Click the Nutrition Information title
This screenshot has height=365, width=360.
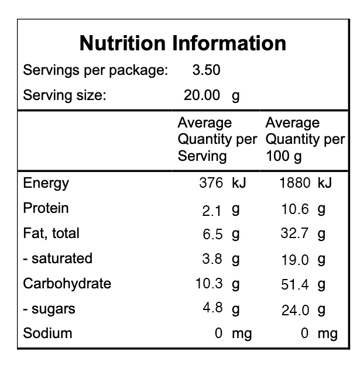(x=183, y=43)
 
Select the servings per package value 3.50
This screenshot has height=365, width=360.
(x=206, y=71)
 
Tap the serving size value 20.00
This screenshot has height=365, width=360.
(x=202, y=95)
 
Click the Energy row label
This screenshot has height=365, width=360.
(x=46, y=183)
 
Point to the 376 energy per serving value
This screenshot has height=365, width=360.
(x=211, y=183)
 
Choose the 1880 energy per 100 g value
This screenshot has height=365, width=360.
(x=296, y=183)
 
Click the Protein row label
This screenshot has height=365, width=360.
(x=46, y=208)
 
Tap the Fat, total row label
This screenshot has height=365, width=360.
(x=51, y=233)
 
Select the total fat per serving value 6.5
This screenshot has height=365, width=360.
(x=212, y=235)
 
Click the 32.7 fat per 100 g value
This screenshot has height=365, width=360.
(x=296, y=234)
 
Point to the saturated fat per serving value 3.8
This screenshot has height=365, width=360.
(x=212, y=259)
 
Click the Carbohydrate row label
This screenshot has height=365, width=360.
(x=67, y=284)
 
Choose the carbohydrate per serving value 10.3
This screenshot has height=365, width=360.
(x=209, y=284)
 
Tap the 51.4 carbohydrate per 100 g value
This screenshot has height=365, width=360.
(x=296, y=285)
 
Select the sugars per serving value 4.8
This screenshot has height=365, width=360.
(x=212, y=308)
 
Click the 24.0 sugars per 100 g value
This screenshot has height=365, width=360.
(x=296, y=310)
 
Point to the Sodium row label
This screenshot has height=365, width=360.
(x=47, y=333)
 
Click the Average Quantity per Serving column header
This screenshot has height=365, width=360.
(x=217, y=140)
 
